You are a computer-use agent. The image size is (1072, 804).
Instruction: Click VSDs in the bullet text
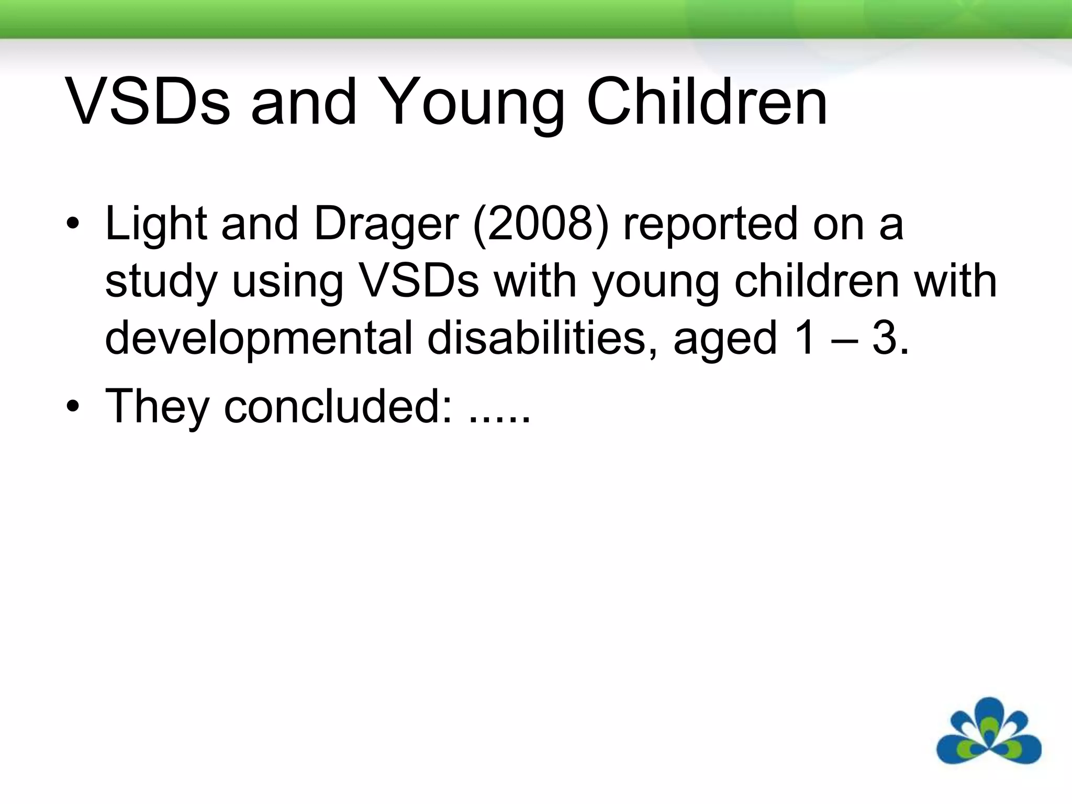tap(419, 281)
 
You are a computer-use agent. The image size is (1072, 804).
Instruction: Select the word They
tap(157, 407)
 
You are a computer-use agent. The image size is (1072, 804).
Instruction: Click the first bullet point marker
tap(73, 226)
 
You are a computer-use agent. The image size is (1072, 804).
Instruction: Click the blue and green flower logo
tap(988, 732)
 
